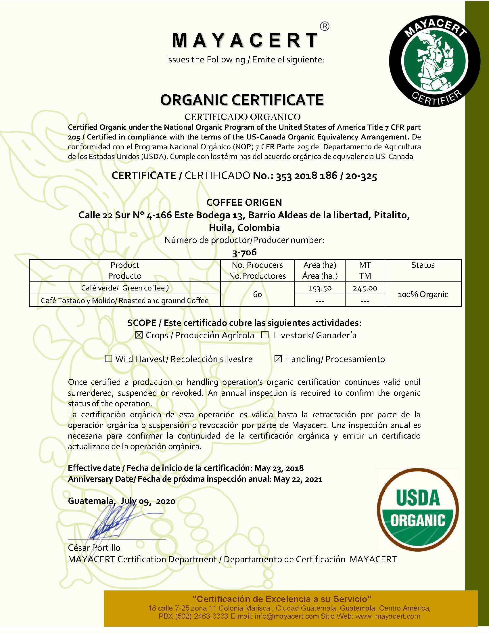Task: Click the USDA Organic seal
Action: (417, 510)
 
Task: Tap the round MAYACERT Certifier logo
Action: (434, 61)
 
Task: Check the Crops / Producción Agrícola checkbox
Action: (139, 335)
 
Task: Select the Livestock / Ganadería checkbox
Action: (265, 335)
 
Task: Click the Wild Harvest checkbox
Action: (108, 359)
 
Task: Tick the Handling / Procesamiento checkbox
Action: (278, 359)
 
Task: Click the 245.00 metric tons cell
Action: (365, 288)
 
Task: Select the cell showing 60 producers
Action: (257, 294)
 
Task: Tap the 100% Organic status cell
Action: (423, 294)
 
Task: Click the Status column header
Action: (423, 265)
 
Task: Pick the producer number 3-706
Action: (244, 253)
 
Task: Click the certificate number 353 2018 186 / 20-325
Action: (326, 176)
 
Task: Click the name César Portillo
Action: (94, 548)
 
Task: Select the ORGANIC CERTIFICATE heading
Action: (242, 100)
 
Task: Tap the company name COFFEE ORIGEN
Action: (244, 202)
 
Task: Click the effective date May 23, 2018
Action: (279, 468)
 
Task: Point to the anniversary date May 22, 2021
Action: (298, 479)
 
